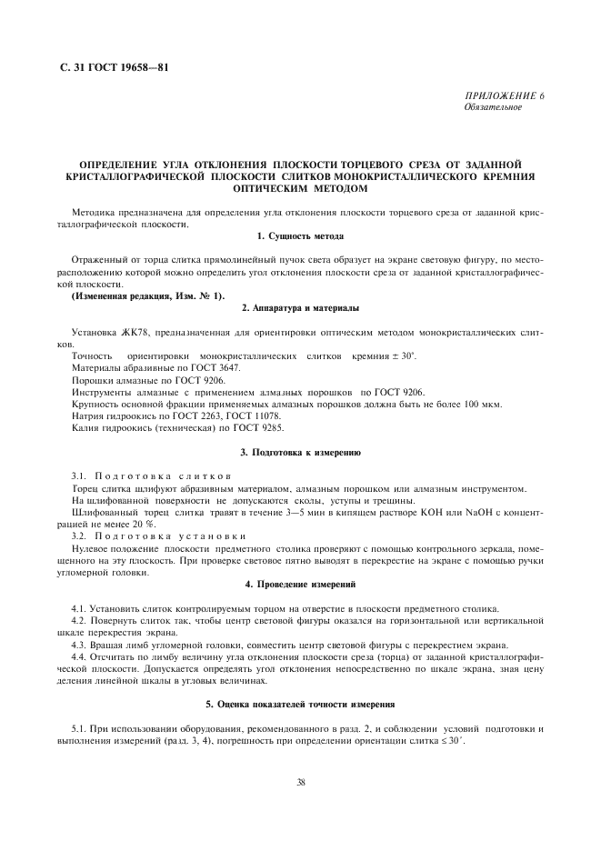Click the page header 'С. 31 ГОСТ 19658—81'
109,68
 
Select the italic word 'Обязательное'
492,107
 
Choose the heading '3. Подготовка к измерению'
301,451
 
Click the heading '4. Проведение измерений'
301,583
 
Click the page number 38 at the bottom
301,782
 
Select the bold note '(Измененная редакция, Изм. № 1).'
146,297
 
